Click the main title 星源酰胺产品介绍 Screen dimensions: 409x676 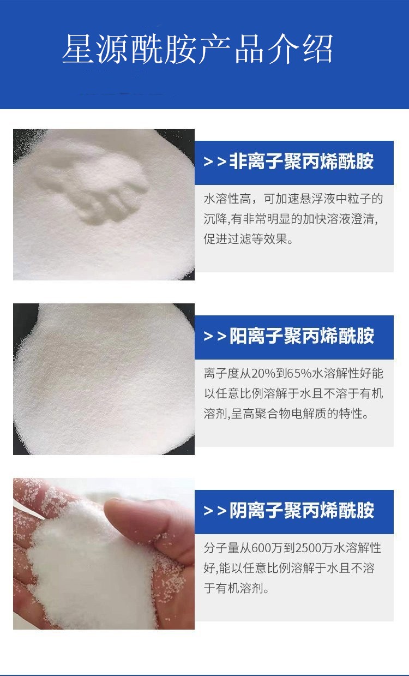197,49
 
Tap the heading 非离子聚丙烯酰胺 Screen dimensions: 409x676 302,161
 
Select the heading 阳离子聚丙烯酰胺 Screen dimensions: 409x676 302,336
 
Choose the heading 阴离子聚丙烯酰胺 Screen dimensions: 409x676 302,510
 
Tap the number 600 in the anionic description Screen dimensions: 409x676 261,548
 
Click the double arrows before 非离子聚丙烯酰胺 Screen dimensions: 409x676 215,162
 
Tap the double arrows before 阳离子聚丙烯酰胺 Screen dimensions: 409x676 215,336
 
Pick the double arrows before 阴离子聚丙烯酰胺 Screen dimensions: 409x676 215,511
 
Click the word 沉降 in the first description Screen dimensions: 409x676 215,219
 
